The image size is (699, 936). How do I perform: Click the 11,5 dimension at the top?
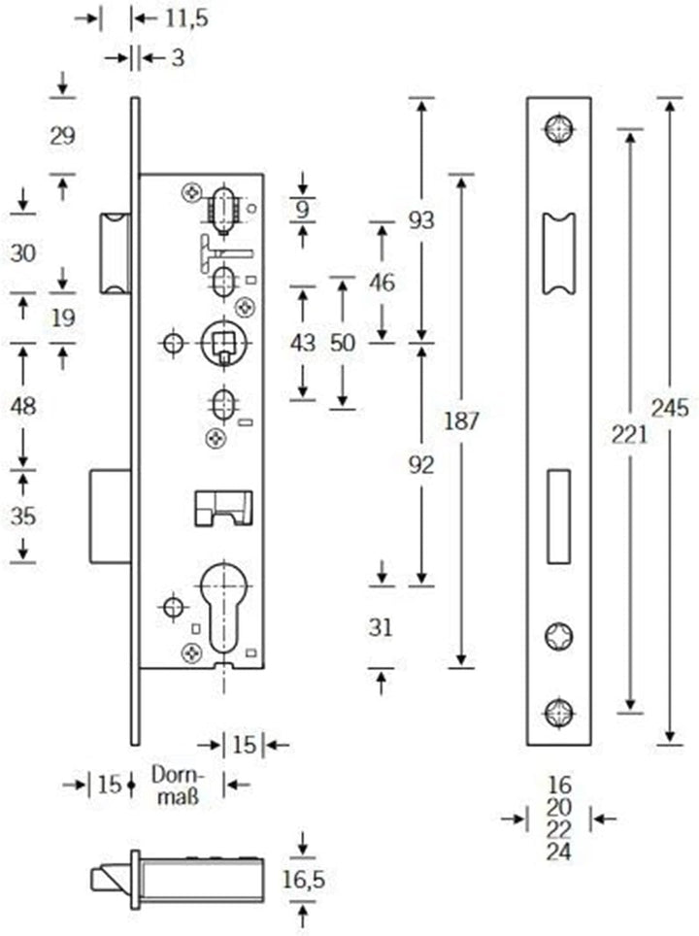[x=186, y=18]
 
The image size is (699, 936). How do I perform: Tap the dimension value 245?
[x=669, y=409]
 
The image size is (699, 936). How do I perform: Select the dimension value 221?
[x=629, y=435]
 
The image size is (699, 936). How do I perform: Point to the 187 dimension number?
[x=461, y=420]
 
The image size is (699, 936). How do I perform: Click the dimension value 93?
[x=421, y=220]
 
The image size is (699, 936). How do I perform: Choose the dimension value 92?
[x=421, y=465]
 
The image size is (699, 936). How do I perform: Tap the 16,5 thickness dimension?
[x=304, y=880]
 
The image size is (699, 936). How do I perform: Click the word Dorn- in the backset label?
[x=178, y=776]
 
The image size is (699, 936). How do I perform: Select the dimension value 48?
[x=22, y=406]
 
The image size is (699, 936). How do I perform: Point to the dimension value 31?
[x=381, y=627]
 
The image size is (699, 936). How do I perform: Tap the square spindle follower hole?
[x=224, y=342]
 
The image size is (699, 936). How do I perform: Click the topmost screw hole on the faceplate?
[x=559, y=128]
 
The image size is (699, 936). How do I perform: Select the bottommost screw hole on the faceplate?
[x=559, y=713]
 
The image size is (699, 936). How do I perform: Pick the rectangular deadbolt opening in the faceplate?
[x=559, y=517]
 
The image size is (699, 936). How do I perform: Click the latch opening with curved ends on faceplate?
[x=559, y=253]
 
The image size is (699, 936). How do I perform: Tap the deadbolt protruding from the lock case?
[x=111, y=517]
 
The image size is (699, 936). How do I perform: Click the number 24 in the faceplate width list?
[x=559, y=852]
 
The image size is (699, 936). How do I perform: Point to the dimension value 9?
[x=303, y=210]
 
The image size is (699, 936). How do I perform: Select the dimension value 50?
[x=342, y=343]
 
